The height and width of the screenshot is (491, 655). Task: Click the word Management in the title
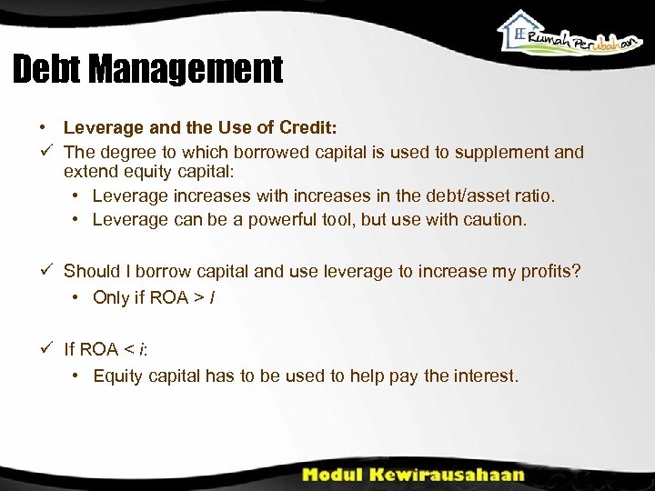coord(192,70)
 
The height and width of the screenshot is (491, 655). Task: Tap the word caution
coord(494,219)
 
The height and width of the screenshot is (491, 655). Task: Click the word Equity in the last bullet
coord(117,376)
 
